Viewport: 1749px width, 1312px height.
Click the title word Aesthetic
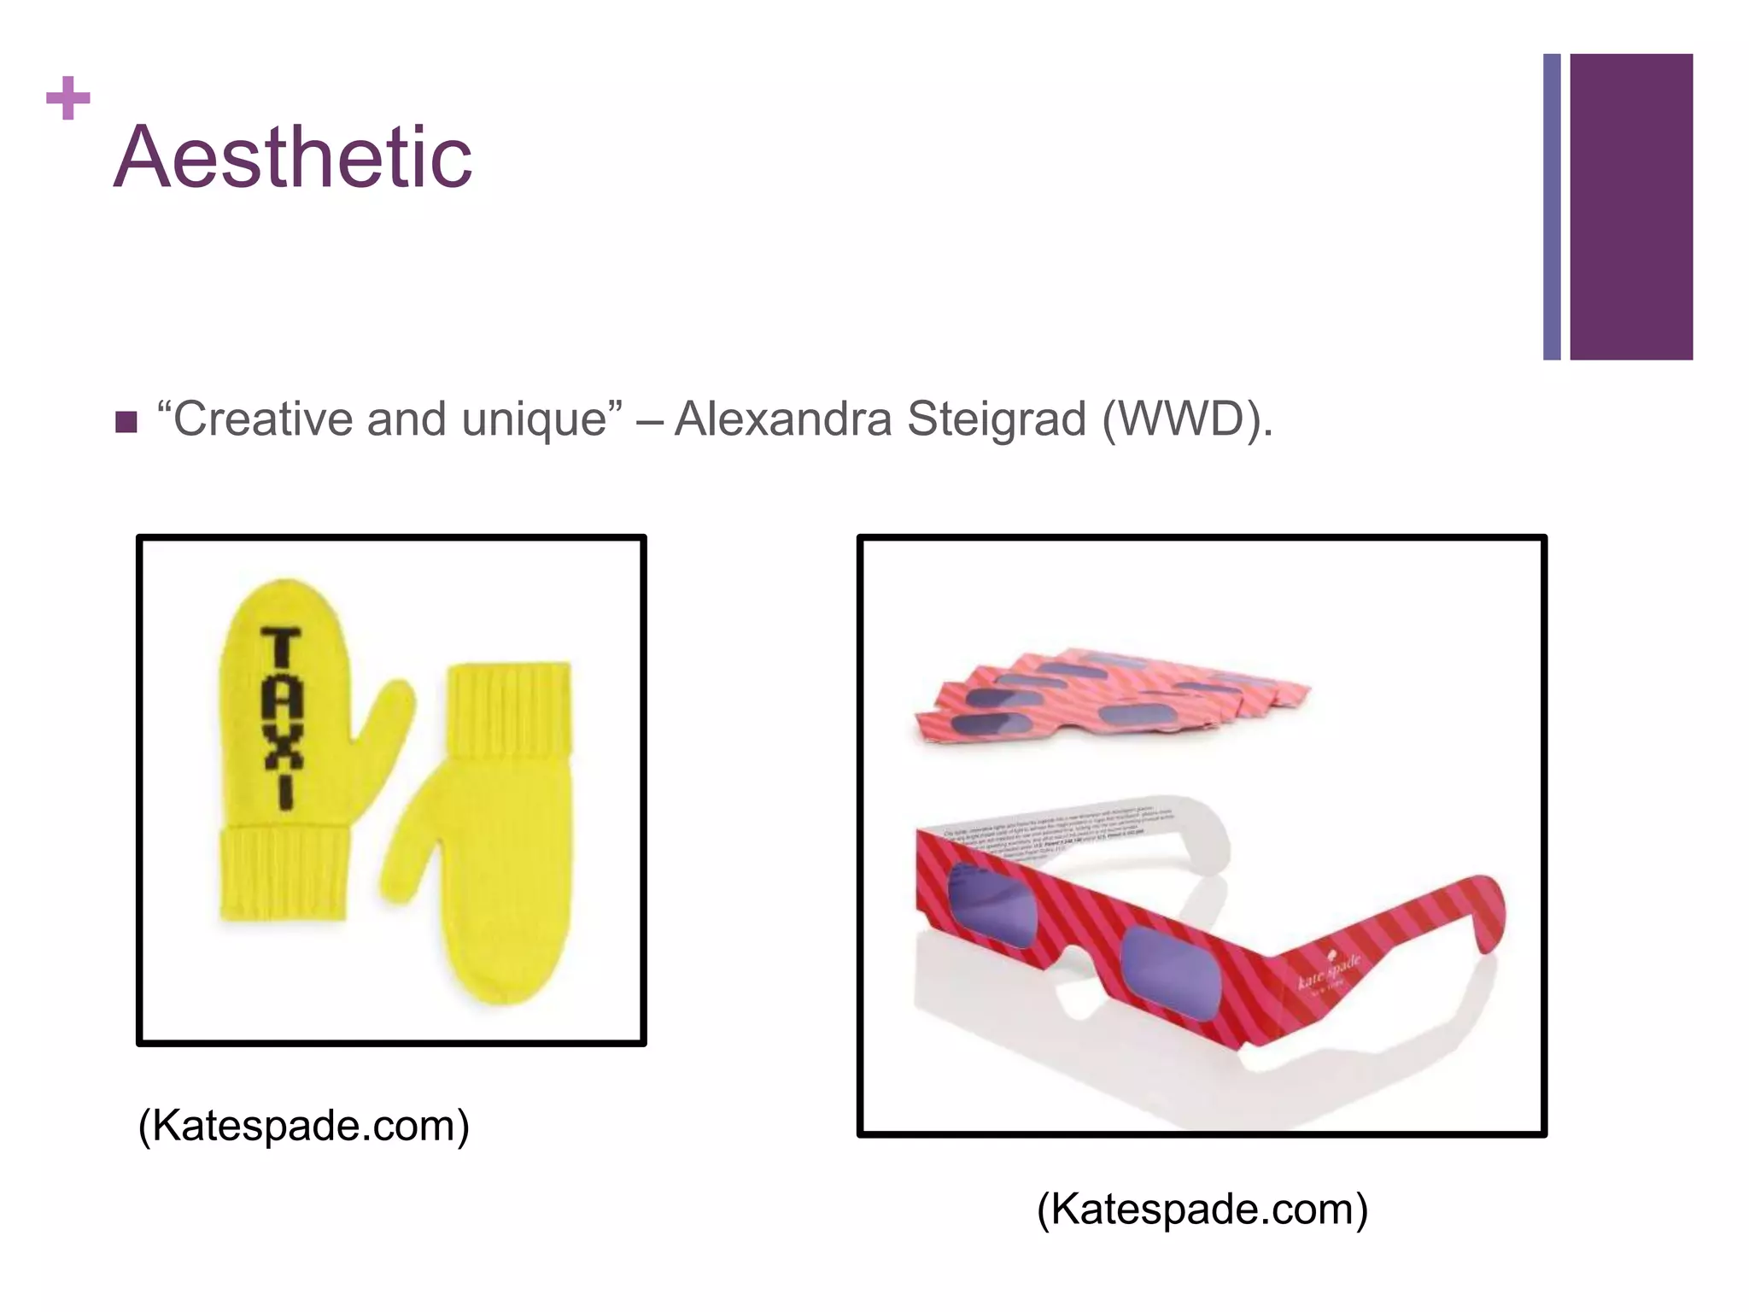click(x=292, y=157)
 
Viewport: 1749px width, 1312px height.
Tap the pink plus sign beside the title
click(x=68, y=99)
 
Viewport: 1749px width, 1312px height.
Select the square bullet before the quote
click(x=126, y=422)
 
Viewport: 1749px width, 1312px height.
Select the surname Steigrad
click(x=996, y=419)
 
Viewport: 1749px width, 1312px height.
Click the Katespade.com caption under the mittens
click(x=304, y=1126)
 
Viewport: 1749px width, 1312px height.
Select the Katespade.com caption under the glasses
click(x=1202, y=1209)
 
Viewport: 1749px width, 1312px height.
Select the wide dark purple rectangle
click(x=1631, y=207)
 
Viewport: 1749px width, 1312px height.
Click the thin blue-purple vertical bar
click(x=1552, y=207)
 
